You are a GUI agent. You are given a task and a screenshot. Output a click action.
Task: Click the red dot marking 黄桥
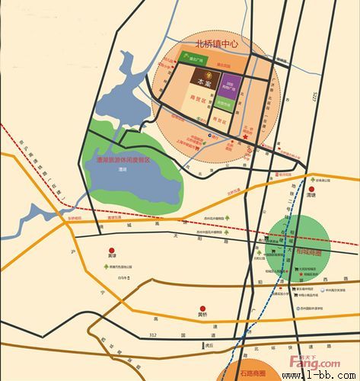click(x=202, y=307)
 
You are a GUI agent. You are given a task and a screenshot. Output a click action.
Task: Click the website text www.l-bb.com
click(x=320, y=376)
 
